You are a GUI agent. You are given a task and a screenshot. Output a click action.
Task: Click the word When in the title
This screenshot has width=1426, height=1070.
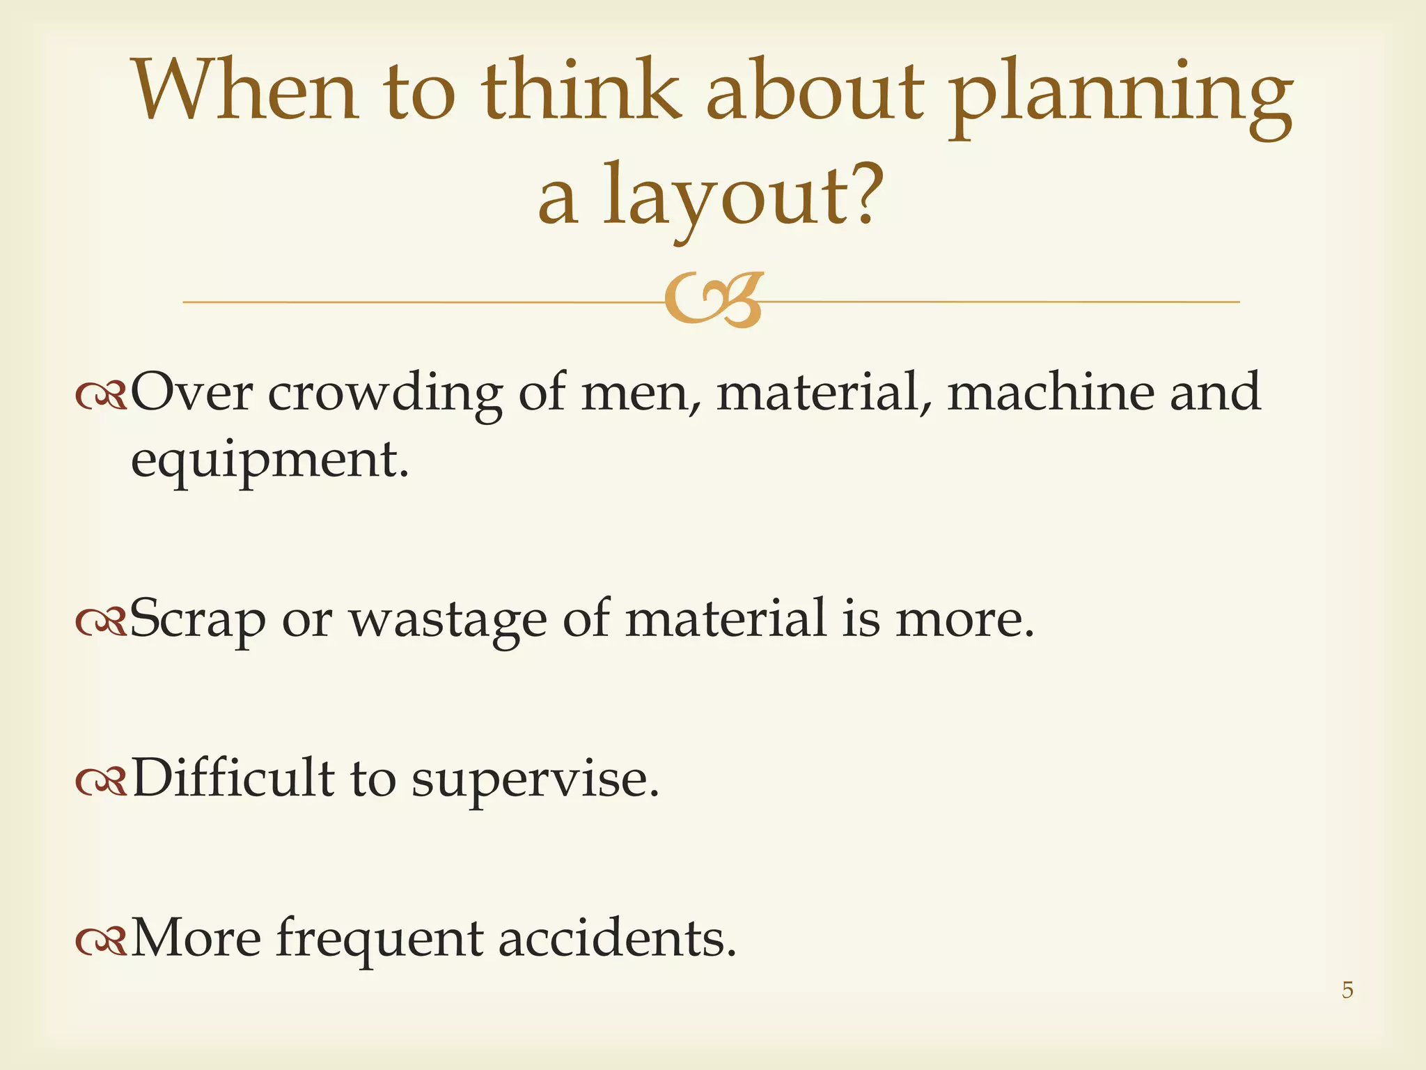(x=245, y=91)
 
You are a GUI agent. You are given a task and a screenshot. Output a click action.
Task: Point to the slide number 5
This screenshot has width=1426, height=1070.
(x=1347, y=989)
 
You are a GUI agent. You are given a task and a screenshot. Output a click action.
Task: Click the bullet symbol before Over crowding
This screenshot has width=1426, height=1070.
(x=101, y=396)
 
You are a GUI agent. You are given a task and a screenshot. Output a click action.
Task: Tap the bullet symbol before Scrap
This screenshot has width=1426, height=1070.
(x=101, y=621)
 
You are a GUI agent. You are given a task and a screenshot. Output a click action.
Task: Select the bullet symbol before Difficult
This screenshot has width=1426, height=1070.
(x=101, y=782)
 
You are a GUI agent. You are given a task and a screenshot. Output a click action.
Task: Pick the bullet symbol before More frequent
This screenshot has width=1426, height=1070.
(x=101, y=941)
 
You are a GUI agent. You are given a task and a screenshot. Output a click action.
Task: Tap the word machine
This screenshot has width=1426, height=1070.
(x=1050, y=391)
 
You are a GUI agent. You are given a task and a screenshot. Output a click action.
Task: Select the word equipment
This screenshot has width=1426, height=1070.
(x=269, y=462)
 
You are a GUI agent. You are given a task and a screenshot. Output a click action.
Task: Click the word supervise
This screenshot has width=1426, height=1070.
(x=535, y=780)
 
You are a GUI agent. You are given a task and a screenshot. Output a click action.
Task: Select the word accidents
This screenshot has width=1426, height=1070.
(x=617, y=938)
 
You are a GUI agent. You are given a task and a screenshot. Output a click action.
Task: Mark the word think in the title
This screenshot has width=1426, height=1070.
(x=581, y=91)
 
